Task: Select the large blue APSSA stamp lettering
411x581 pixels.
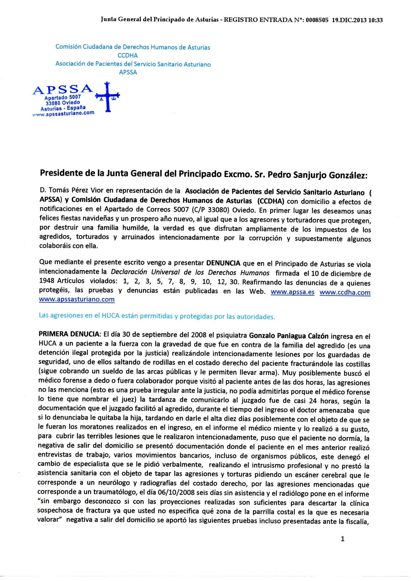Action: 63,90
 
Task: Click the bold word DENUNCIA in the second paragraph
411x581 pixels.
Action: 223,263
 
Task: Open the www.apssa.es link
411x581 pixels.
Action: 293,292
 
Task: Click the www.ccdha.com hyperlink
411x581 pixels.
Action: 345,292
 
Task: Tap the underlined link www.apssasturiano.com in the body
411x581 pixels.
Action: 77,299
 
